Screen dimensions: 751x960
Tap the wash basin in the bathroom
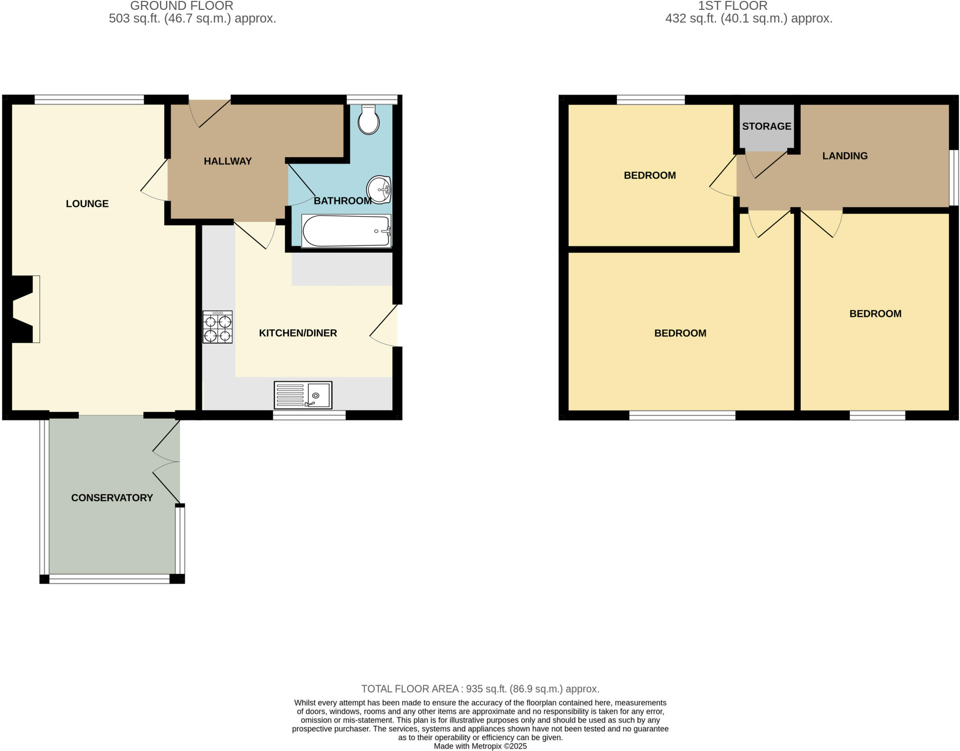[x=379, y=190]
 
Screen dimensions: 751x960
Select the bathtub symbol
[x=346, y=231]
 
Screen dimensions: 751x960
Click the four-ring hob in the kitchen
[x=217, y=327]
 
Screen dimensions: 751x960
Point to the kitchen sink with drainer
[x=303, y=395]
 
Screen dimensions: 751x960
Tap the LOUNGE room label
[x=87, y=204]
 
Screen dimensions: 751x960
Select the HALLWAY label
[x=228, y=161]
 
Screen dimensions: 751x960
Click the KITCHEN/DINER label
[x=298, y=333]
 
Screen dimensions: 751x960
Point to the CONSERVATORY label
[x=112, y=498]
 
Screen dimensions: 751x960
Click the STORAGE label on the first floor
[x=766, y=126]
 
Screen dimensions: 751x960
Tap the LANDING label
[x=845, y=156]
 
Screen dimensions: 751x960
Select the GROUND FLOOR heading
[x=182, y=6]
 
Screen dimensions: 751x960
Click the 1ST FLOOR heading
[x=733, y=6]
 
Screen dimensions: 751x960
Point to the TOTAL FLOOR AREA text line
[x=480, y=689]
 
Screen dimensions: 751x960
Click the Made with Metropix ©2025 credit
[x=480, y=746]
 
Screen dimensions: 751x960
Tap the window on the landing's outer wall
[x=953, y=178]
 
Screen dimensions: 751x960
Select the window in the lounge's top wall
[x=89, y=99]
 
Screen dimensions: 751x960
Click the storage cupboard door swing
[x=764, y=165]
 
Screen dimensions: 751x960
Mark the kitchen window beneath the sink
[x=309, y=415]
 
